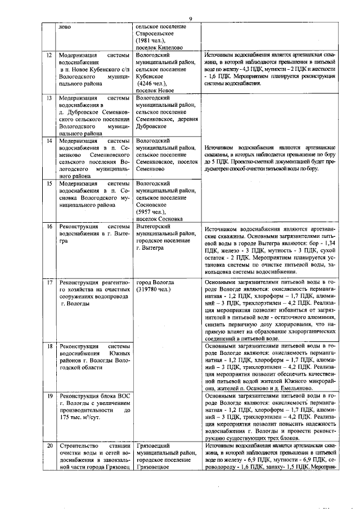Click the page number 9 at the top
(191, 19)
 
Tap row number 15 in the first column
(49, 183)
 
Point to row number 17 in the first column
(49, 282)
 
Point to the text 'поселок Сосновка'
(160, 219)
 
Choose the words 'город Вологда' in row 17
(155, 282)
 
